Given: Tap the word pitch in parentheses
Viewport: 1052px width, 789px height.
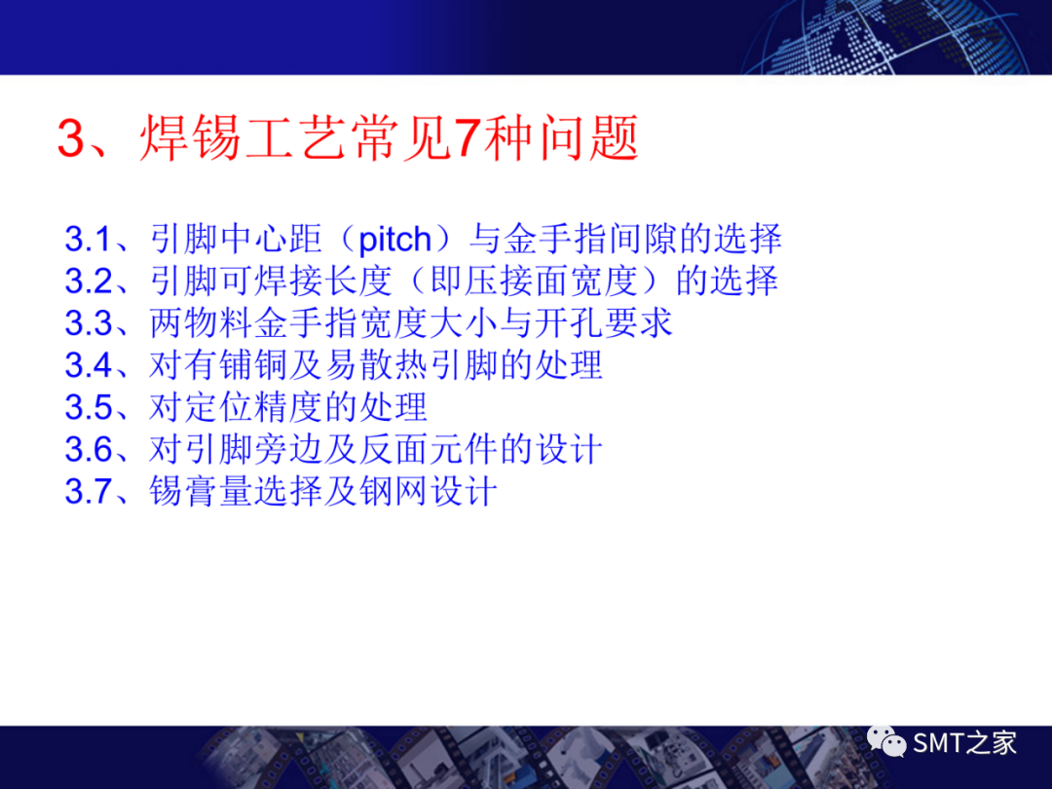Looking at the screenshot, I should coord(394,240).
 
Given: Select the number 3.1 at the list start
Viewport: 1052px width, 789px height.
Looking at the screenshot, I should coord(89,240).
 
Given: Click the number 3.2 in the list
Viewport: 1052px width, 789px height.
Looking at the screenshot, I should coord(89,282).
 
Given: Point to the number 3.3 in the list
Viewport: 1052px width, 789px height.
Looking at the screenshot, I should coord(89,323).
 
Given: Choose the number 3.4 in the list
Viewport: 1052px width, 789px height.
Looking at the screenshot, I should coord(89,365).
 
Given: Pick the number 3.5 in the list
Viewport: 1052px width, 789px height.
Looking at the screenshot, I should coord(89,407).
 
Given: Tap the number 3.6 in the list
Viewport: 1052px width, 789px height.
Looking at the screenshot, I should coord(89,449).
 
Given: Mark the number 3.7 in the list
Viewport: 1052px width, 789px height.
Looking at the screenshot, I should coord(89,491).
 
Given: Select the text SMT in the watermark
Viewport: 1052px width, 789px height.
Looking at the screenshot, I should coord(939,744).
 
